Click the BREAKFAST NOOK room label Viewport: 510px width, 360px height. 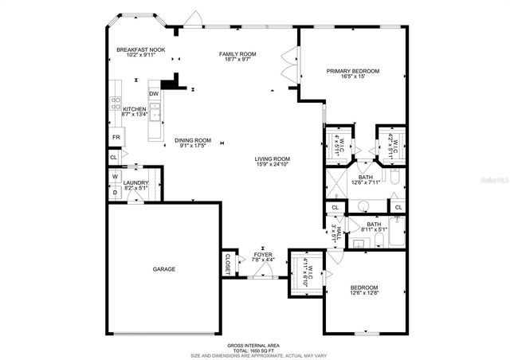[140, 50]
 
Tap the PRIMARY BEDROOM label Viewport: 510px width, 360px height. [353, 71]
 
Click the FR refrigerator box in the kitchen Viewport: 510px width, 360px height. [115, 138]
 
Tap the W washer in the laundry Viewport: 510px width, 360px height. [115, 176]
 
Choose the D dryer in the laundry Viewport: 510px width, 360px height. [115, 191]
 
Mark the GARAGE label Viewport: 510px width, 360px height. [164, 269]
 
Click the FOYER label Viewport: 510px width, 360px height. [263, 255]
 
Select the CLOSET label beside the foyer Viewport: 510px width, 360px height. [226, 263]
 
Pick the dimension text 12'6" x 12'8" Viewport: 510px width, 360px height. [363, 293]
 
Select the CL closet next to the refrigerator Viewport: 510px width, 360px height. [114, 158]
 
